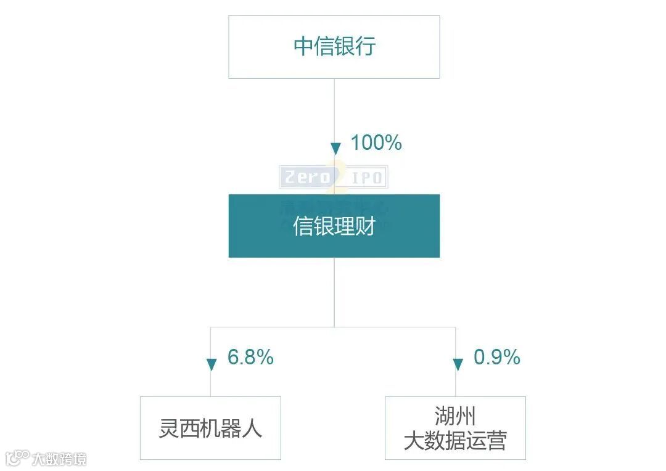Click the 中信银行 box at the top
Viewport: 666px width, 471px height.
tap(334, 47)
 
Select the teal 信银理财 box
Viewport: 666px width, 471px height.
tap(334, 226)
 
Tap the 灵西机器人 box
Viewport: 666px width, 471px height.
tap(210, 428)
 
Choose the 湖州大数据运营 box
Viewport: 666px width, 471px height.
tap(455, 428)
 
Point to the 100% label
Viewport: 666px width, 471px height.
tap(376, 143)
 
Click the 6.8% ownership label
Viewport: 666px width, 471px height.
tap(250, 357)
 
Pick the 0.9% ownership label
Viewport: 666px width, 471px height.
tap(496, 357)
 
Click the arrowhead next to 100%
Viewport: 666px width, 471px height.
tap(335, 149)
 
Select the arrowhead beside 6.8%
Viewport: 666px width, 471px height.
tap(212, 364)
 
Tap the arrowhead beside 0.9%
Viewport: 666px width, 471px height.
tap(458, 364)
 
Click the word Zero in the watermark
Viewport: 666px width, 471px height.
tap(307, 178)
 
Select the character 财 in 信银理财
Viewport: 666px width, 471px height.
tap(365, 226)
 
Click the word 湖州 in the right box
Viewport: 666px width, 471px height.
tap(455, 416)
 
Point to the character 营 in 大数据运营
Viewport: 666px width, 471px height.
tap(496, 441)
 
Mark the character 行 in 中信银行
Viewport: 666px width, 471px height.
tap(365, 47)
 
